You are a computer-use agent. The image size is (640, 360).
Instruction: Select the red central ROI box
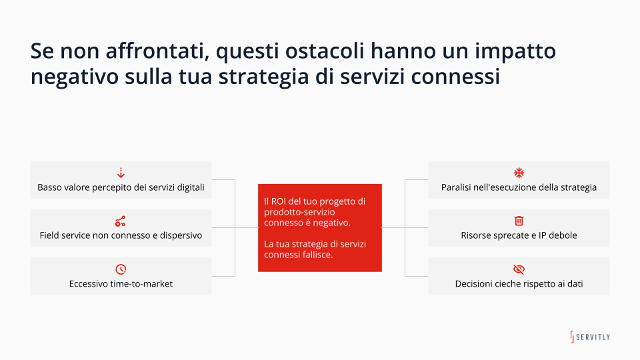(319, 227)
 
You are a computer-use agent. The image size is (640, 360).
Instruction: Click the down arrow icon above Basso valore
(121, 173)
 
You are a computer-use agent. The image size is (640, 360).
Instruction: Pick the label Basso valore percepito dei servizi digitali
(121, 188)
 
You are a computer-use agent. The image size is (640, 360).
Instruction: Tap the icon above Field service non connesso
(121, 221)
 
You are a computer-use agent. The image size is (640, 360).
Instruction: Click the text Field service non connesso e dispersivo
(121, 236)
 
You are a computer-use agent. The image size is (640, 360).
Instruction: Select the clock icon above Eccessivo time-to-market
(121, 269)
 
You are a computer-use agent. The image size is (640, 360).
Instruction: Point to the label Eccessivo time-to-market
(121, 284)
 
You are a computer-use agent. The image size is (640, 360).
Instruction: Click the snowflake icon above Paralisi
(519, 173)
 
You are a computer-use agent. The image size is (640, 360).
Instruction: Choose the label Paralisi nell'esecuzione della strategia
(519, 188)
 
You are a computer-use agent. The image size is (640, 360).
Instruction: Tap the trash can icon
(519, 221)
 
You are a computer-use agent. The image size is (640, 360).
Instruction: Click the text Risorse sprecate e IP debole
(519, 236)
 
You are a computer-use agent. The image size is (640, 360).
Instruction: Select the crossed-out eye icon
(519, 269)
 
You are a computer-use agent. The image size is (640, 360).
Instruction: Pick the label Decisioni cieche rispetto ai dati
(519, 284)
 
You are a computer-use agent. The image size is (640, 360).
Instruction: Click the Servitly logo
(589, 337)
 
